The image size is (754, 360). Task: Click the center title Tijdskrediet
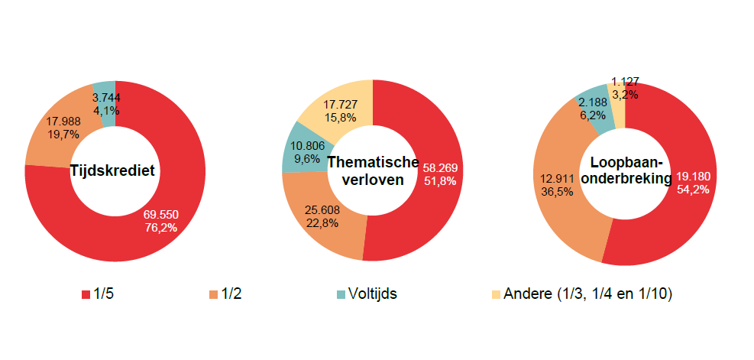(x=112, y=170)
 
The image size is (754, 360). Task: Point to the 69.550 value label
(x=160, y=215)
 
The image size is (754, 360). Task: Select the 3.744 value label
(x=106, y=97)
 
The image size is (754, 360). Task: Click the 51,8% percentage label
(x=440, y=181)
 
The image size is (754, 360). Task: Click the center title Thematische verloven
(x=373, y=170)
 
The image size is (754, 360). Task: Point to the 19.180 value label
(x=694, y=176)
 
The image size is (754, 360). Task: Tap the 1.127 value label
(x=625, y=81)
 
